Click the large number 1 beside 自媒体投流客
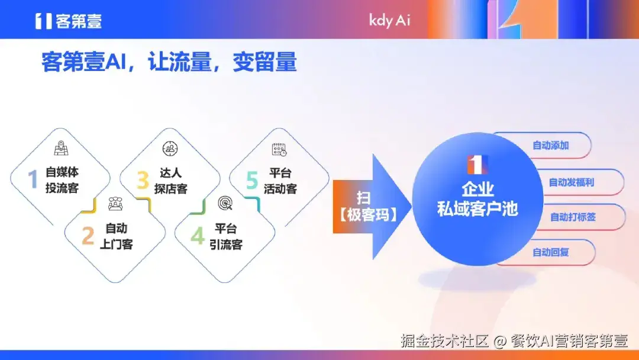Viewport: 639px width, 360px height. tap(34, 179)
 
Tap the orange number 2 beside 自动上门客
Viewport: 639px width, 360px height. tap(88, 236)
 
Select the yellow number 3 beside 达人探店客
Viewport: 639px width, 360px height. tap(143, 180)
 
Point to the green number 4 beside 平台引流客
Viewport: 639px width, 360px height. tap(197, 236)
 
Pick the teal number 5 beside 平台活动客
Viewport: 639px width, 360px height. tap(253, 180)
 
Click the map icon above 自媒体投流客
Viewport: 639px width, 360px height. tap(61, 148)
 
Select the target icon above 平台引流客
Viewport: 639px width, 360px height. tap(225, 204)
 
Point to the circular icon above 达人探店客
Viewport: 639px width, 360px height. tap(170, 149)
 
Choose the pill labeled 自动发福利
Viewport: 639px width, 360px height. tap(571, 182)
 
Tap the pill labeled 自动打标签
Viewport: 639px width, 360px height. tap(573, 217)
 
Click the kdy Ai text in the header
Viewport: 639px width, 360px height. tap(389, 20)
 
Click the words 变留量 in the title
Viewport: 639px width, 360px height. tap(264, 62)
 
